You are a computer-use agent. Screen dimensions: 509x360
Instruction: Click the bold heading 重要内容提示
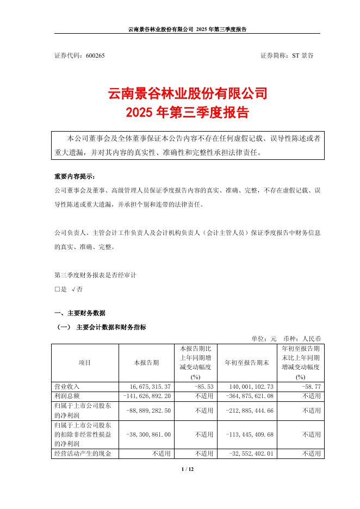pos(75,177)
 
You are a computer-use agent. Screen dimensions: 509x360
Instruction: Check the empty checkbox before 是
pos(57,290)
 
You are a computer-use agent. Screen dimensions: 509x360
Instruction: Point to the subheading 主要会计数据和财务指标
pos(111,327)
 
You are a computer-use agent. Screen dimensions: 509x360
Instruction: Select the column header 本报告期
pos(146,362)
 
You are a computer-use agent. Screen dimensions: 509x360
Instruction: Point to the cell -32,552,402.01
pos(250,453)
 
